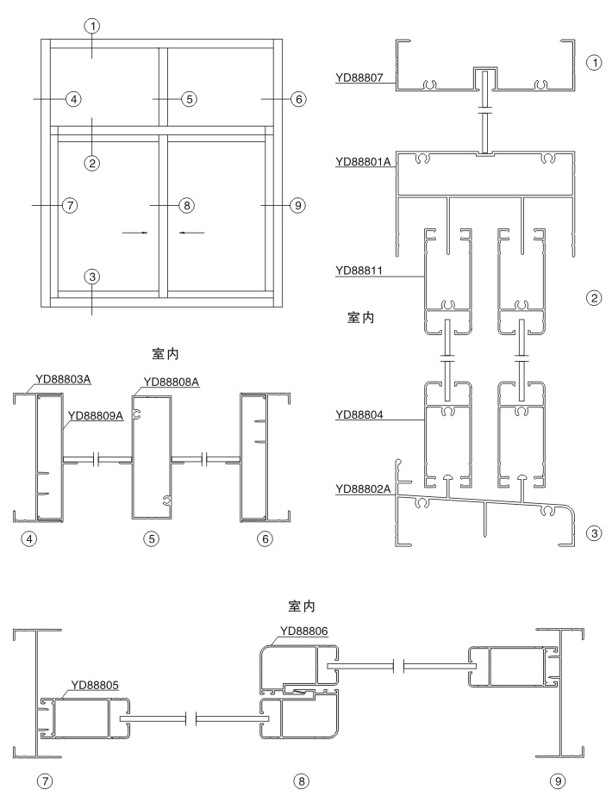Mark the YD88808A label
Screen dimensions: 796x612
172,382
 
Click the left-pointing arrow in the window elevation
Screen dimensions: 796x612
190,232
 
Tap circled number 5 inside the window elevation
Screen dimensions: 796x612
189,99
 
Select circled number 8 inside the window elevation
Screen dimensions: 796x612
187,205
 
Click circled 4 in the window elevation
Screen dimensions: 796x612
73,100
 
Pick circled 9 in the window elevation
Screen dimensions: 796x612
297,205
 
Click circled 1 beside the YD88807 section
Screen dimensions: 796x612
592,63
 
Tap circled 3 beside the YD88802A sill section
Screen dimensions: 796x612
592,533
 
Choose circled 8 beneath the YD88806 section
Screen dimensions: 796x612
300,780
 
